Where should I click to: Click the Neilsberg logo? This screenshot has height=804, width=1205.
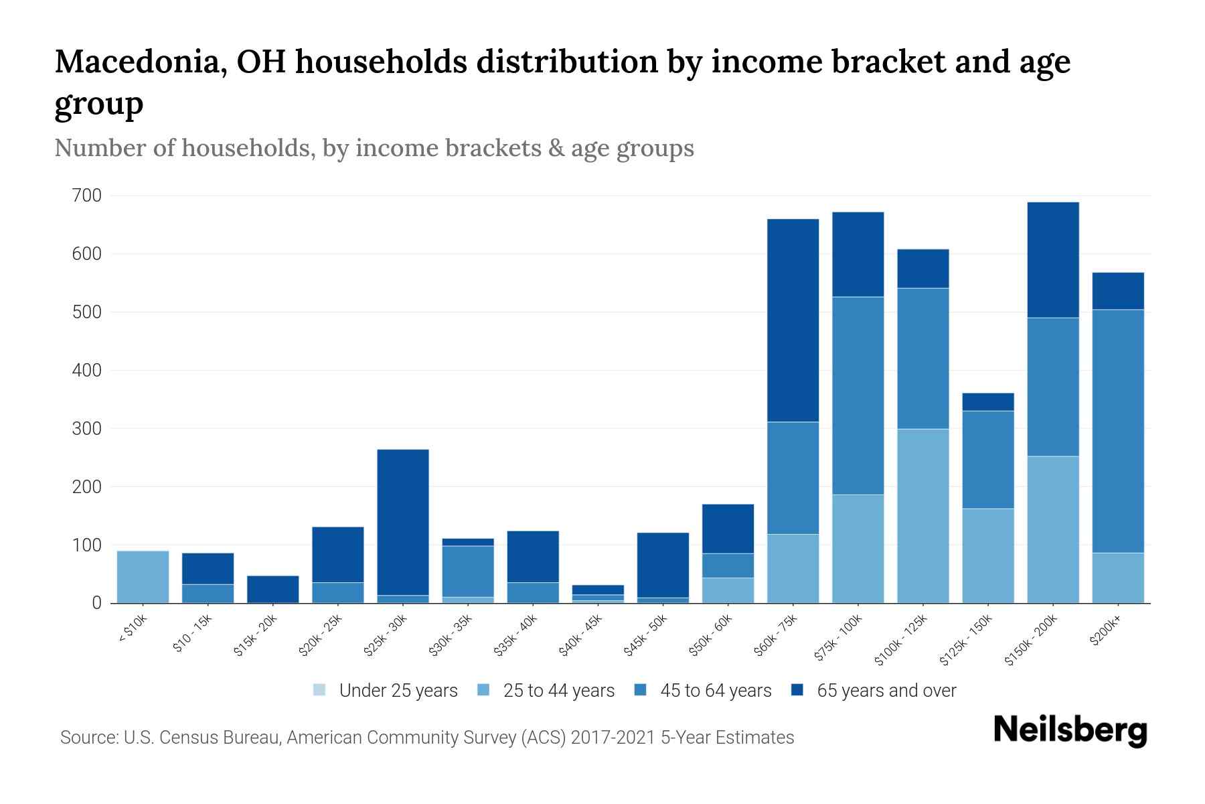(1070, 730)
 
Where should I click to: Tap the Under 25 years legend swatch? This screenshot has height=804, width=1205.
(320, 690)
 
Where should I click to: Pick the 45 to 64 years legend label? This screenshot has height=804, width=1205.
(715, 691)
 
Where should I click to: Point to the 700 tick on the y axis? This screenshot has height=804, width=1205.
(87, 196)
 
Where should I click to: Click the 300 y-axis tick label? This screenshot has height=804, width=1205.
(87, 428)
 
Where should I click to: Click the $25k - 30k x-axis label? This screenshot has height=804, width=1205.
(386, 634)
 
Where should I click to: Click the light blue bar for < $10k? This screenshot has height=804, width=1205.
(143, 577)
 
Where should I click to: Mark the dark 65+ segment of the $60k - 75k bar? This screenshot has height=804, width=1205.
(793, 320)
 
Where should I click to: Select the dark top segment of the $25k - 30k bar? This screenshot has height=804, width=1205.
(403, 522)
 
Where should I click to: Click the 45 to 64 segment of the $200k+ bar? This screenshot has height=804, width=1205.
(1117, 431)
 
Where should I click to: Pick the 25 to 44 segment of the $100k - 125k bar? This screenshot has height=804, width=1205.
(922, 516)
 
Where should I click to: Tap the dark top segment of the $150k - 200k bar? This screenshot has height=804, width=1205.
(1052, 260)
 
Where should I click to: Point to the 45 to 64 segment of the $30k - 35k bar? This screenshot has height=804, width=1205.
(468, 571)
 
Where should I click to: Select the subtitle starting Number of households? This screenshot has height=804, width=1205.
(374, 148)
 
